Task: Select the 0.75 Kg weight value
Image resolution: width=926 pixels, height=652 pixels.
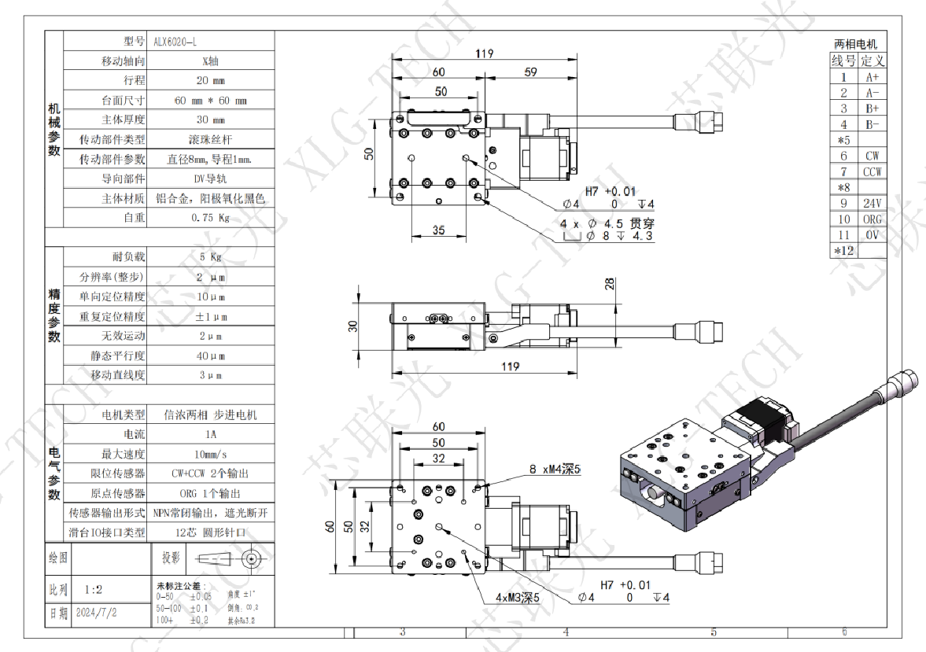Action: [209, 218]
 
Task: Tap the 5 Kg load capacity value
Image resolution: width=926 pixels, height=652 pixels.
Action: [210, 257]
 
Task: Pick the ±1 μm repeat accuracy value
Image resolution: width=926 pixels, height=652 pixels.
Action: [210, 316]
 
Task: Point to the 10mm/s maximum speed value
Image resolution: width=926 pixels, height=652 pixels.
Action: [210, 454]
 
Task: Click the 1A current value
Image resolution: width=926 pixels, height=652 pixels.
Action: [210, 434]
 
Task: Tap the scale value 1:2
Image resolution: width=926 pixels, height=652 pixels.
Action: [93, 588]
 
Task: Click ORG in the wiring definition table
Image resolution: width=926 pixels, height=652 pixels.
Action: [872, 219]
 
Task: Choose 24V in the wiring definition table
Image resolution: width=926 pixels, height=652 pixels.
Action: [872, 204]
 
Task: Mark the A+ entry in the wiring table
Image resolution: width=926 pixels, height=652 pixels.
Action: [872, 77]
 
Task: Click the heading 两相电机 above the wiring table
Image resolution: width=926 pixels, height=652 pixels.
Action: [855, 45]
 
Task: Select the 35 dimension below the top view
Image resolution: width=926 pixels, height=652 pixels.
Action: [438, 230]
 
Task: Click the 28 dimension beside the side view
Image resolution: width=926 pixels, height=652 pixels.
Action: [610, 285]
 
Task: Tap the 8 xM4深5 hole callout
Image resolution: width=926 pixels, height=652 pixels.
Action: [554, 470]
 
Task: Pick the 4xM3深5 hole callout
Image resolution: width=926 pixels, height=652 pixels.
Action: [517, 597]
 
